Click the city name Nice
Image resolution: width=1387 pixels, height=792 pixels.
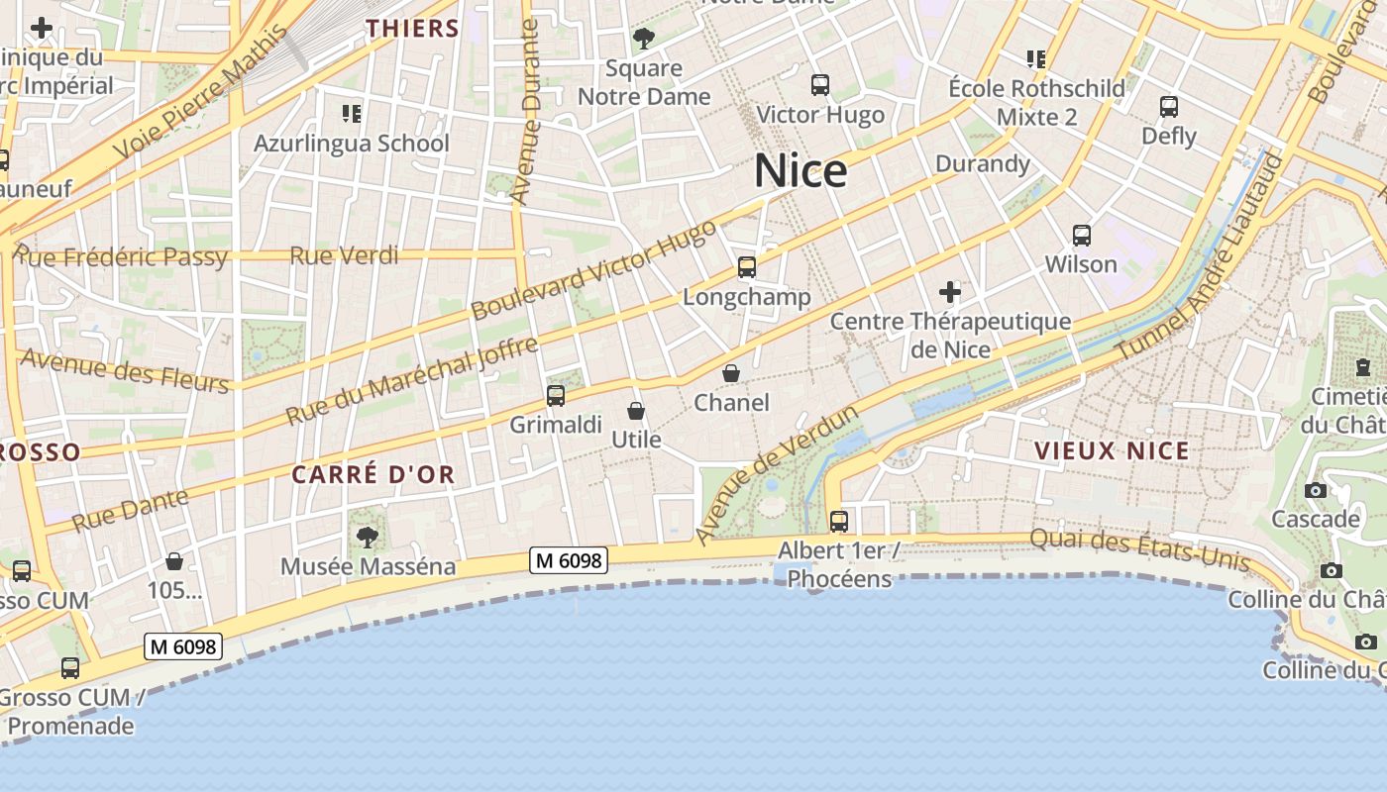coord(800,171)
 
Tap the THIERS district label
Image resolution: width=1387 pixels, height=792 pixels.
coord(413,28)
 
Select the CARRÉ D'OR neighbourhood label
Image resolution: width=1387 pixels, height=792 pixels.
coord(373,474)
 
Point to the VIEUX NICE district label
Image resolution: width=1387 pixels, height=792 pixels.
coord(1112,451)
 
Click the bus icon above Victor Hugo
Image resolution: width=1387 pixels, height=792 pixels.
coord(820,85)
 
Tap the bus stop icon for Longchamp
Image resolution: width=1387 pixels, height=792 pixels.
coord(747,267)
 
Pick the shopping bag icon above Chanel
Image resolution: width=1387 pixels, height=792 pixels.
coord(731,373)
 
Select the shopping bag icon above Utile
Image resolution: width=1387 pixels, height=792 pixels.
coord(636,410)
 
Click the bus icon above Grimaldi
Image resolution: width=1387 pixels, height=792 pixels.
coord(556,396)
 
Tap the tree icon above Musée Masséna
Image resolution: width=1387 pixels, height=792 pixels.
coord(368,538)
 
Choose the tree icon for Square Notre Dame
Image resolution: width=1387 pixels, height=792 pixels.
coord(644,40)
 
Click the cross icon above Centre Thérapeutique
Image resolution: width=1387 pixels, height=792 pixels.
coord(950,292)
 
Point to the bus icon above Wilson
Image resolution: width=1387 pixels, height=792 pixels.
coord(1082,236)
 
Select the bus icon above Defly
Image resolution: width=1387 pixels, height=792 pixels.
coord(1169,107)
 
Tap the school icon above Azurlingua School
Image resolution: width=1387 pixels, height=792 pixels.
coord(351,114)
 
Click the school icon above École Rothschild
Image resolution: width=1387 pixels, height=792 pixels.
coord(1036,59)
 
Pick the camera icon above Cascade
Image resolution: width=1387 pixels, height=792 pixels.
coord(1316,490)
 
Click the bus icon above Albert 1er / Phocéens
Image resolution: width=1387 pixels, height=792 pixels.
coord(839,521)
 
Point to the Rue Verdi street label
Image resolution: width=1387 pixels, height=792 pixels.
coord(344,255)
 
